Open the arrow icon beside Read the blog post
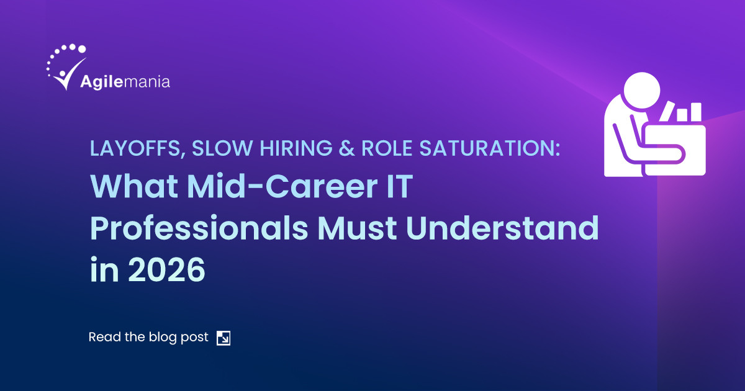(223, 338)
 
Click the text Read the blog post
(148, 338)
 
